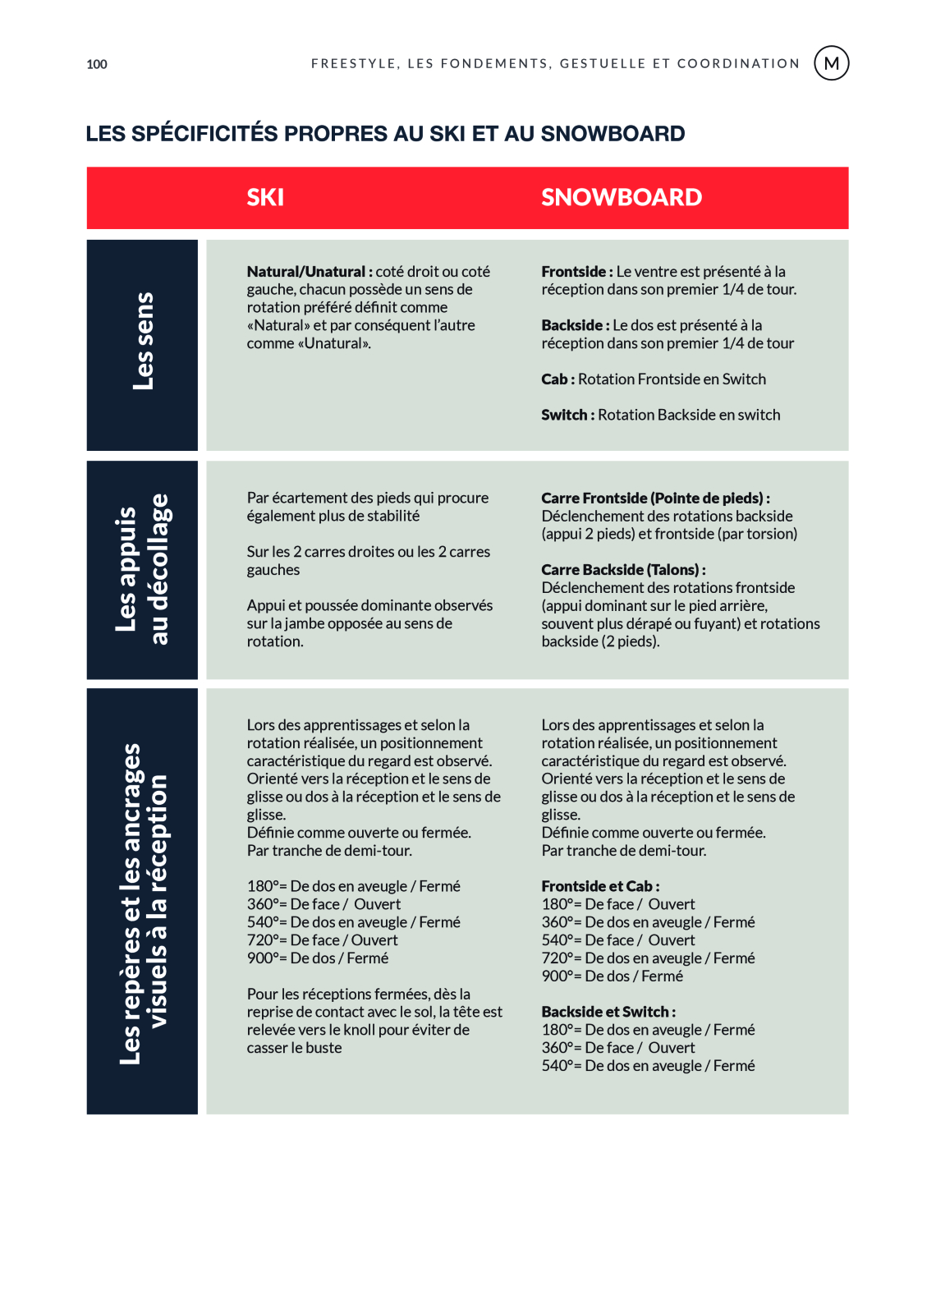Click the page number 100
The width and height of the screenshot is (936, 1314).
click(97, 64)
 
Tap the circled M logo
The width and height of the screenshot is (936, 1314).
click(831, 63)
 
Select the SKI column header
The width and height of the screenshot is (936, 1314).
click(265, 197)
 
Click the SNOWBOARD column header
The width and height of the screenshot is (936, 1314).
click(622, 197)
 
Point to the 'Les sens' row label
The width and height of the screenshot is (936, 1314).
click(143, 342)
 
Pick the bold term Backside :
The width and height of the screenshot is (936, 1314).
click(575, 325)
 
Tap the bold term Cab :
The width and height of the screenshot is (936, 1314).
click(557, 379)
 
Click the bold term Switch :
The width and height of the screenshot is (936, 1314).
click(567, 416)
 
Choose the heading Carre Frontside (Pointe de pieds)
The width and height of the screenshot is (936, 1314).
click(655, 498)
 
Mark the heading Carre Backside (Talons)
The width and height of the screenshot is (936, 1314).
click(623, 570)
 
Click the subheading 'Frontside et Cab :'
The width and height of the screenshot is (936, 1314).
click(600, 887)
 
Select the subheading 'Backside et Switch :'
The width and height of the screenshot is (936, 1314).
click(608, 1013)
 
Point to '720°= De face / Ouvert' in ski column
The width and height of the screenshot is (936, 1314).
click(322, 940)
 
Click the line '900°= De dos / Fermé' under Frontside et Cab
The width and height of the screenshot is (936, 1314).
click(612, 976)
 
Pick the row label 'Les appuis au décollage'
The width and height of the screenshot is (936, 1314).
click(143, 570)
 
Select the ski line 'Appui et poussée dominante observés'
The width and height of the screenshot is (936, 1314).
click(369, 606)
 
